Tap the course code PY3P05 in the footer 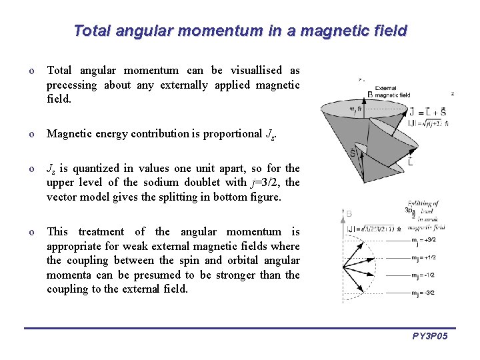tap(429, 336)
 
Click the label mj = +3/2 tap(422, 240)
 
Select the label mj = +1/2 tap(422, 258)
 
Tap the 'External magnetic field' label tap(393, 92)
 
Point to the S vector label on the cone tap(353, 153)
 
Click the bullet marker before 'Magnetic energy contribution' tap(31, 134)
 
